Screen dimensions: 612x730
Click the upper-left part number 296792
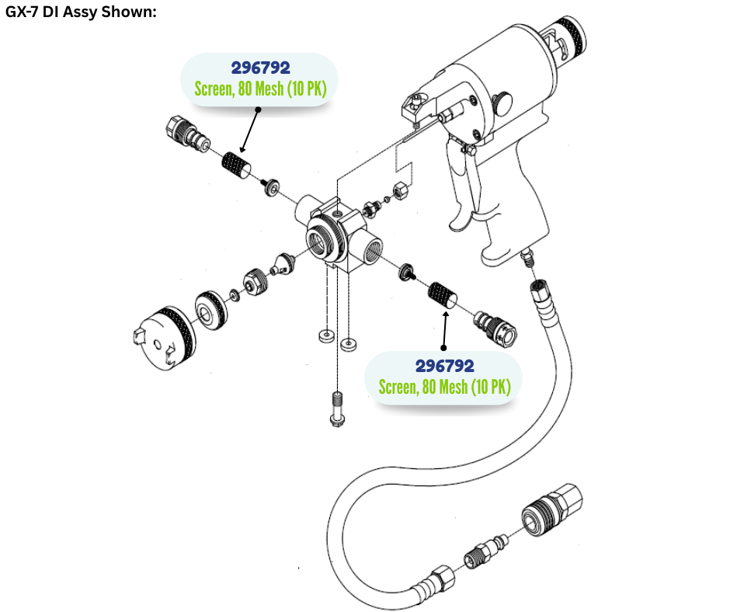pyautogui.click(x=261, y=68)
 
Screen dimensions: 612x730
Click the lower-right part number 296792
pyautogui.click(x=444, y=366)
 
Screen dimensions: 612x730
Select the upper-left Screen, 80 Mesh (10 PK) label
pyautogui.click(x=261, y=89)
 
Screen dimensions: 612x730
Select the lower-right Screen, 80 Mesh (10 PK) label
pyautogui.click(x=444, y=386)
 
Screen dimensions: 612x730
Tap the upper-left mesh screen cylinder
pyautogui.click(x=235, y=165)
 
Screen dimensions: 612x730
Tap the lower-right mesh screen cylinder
pyautogui.click(x=442, y=297)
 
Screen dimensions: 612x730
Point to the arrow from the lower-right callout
pyautogui.click(x=444, y=330)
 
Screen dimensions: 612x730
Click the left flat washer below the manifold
pyautogui.click(x=324, y=336)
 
